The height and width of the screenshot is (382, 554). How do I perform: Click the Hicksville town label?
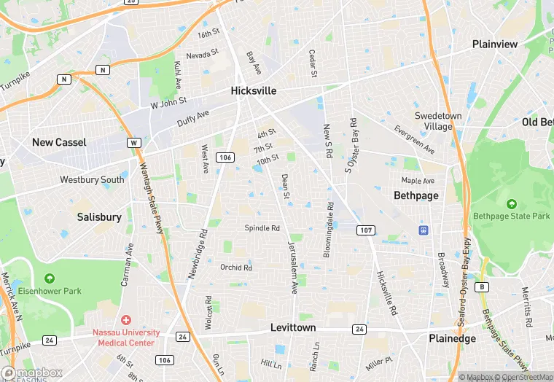(x=254, y=91)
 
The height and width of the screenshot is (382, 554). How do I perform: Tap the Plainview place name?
(x=495, y=44)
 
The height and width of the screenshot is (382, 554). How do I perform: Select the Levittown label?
(x=293, y=327)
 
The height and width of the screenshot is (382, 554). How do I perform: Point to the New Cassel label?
(x=59, y=142)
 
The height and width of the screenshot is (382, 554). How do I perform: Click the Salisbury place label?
(x=99, y=217)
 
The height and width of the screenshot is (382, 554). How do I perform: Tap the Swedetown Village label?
(x=434, y=121)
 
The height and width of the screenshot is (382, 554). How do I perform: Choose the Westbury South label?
(x=93, y=179)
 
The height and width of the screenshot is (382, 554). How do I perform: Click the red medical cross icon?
(x=125, y=320)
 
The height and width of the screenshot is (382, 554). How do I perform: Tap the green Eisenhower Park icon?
(x=49, y=278)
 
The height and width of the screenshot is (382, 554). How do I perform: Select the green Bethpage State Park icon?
(x=511, y=203)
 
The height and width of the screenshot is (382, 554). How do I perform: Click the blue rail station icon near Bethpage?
(x=423, y=230)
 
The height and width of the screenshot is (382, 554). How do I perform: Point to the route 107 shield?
(x=366, y=230)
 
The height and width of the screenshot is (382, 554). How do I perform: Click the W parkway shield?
(x=133, y=143)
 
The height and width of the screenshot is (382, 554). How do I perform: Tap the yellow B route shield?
(x=481, y=286)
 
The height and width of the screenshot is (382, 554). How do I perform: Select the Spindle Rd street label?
(x=262, y=228)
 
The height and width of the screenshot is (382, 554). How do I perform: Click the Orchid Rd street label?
(x=235, y=268)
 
